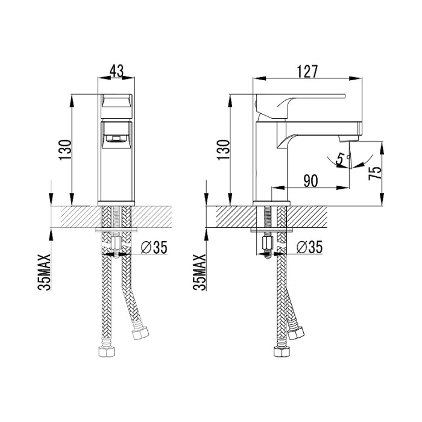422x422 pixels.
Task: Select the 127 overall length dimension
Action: [x=307, y=71]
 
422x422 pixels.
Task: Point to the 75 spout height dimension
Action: [x=374, y=171]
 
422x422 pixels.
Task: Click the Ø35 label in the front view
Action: [x=154, y=247]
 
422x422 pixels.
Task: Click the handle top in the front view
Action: [x=118, y=101]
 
